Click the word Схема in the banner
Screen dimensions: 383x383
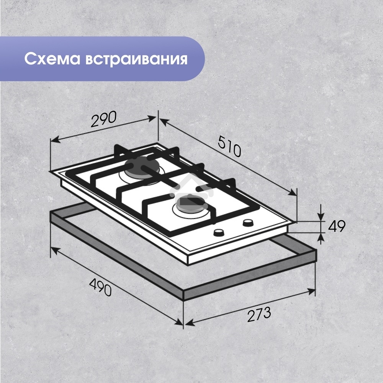[x=51, y=59]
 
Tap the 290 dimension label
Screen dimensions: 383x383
[x=103, y=119]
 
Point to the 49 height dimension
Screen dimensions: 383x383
[x=337, y=226]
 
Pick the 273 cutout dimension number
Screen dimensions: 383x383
[x=259, y=315]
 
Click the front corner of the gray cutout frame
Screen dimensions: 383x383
[x=184, y=295]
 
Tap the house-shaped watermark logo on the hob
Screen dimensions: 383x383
[x=182, y=183]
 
